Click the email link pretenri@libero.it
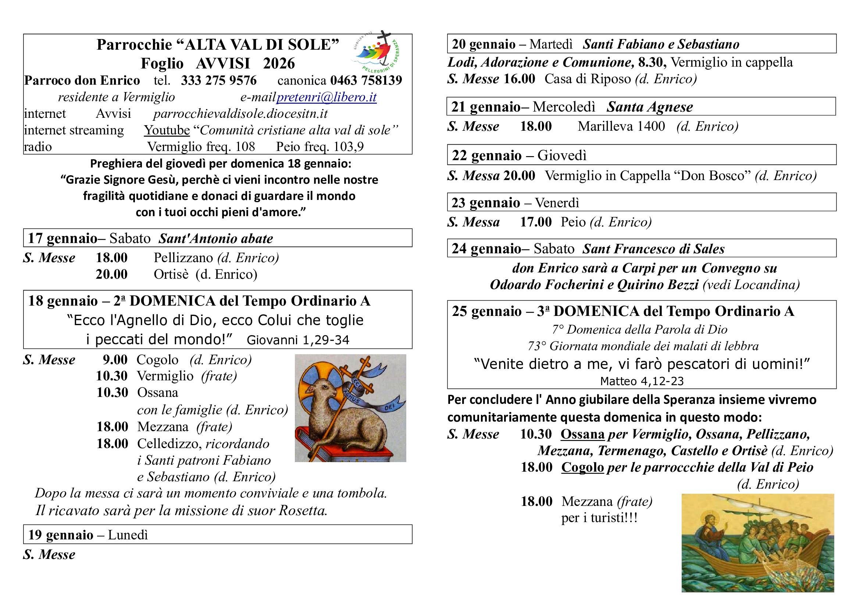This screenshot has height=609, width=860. click(x=326, y=97)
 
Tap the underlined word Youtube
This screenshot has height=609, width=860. click(x=167, y=130)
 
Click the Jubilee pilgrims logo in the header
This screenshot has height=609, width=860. click(x=377, y=53)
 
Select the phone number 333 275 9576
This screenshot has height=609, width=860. click(x=219, y=80)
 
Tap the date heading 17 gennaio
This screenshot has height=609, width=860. click(x=63, y=239)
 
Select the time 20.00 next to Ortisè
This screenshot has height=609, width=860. click(x=112, y=275)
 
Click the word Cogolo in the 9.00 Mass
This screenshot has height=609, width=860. click(x=157, y=360)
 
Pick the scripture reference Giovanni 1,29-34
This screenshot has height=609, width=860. click(x=298, y=340)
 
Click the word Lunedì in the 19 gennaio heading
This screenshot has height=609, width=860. click(x=128, y=535)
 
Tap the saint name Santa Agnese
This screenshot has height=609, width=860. click(x=649, y=107)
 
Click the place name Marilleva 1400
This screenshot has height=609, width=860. click(x=621, y=126)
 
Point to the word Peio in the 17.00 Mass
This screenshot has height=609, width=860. click(x=573, y=222)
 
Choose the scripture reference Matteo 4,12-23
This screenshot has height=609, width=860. click(x=642, y=381)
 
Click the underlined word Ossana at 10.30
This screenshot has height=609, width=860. click(x=582, y=434)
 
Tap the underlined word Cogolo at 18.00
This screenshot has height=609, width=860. click(x=582, y=468)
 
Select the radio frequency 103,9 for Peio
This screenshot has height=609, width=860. click(x=348, y=147)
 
